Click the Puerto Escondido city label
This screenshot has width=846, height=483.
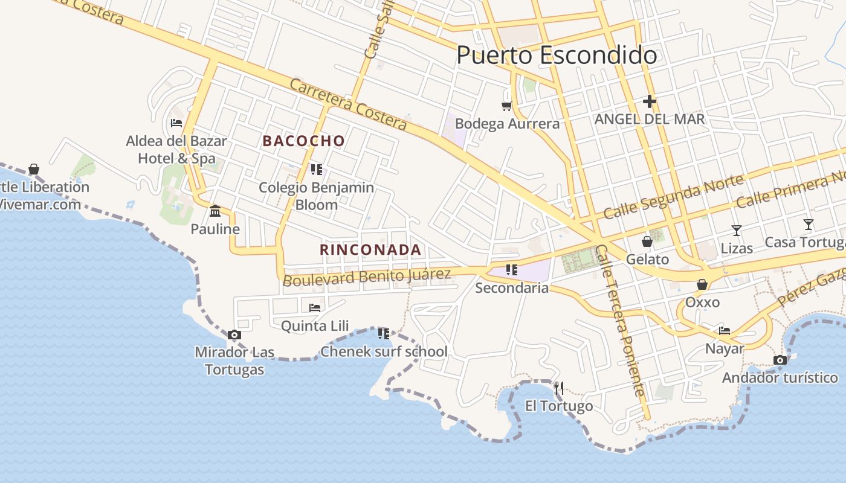coord(557,55)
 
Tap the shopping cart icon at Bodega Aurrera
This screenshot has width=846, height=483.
coord(506,106)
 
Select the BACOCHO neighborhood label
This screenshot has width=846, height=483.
coord(304,141)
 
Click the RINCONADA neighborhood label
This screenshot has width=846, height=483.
coord(370,249)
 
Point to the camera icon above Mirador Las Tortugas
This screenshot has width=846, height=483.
coord(234,335)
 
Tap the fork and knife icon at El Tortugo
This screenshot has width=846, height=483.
coord(559,388)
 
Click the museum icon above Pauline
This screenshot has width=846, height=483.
coord(215,211)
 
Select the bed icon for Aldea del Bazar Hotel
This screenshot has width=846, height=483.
coord(176,123)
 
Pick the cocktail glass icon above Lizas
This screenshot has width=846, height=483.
coord(737,230)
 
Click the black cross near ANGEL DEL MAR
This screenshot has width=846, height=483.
coord(650,101)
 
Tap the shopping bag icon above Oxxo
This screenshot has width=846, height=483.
coord(702,284)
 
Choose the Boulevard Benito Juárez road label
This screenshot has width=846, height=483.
coord(367,277)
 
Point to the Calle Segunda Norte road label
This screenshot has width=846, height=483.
coord(673,197)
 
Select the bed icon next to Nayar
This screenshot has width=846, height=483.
coord(725,330)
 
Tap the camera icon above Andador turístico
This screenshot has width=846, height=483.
coord(780,360)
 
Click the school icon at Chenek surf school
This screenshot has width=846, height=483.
coord(383,333)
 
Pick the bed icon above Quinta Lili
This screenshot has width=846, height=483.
coord(315,308)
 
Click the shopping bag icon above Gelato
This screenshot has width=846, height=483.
coord(647,242)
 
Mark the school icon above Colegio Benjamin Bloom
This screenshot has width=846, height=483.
coord(316,170)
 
